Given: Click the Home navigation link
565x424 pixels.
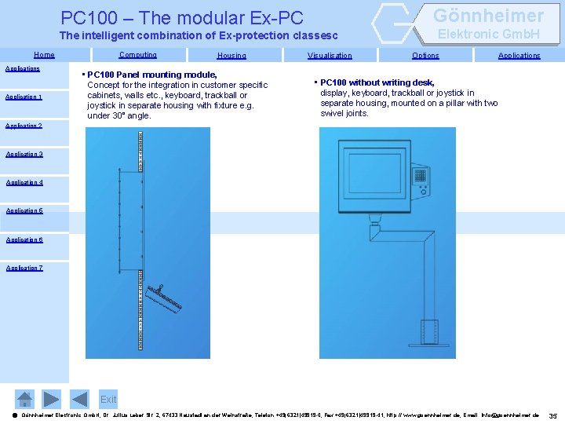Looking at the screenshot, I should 44,55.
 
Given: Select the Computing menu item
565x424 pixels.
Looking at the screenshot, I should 137,55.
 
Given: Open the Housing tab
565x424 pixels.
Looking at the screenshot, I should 231,56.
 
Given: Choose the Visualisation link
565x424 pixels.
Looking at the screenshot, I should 330,56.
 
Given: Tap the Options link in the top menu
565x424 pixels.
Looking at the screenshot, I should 425,56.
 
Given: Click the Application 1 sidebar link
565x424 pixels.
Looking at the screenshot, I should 24,97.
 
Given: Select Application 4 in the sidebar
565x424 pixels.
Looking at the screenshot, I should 24,182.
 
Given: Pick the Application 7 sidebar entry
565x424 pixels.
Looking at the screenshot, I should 24,268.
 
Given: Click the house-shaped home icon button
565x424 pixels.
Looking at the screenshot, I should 25,399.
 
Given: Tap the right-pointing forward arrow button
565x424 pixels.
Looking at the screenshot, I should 51,399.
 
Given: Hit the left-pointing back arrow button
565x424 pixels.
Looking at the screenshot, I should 79,399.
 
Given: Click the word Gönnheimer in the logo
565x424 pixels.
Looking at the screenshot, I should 488,16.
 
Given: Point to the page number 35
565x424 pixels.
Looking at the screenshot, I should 553,415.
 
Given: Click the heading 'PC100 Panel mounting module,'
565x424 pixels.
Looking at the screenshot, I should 152,75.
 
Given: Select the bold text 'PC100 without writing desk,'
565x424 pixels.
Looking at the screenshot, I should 377,82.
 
